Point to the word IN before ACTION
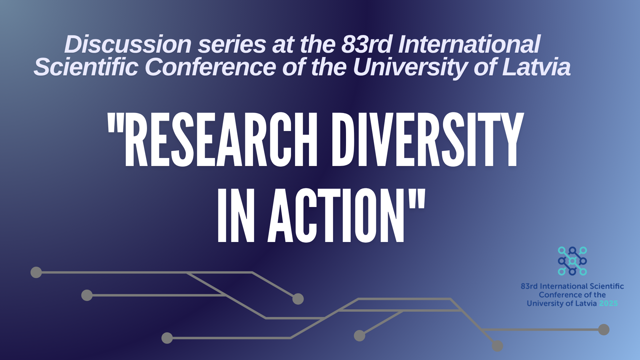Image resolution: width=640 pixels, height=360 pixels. tap(236, 215)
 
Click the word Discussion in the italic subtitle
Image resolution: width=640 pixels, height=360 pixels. tap(128, 44)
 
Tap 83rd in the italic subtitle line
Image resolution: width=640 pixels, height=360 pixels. tap(367, 44)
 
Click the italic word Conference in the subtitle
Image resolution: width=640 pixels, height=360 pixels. tap(210, 67)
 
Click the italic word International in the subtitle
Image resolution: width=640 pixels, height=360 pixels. tap(469, 44)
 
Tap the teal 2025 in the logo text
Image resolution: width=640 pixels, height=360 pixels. tap(609, 303)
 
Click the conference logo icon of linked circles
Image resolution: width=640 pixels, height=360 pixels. tap(572, 261)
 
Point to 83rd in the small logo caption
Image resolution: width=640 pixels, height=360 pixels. tap(529, 286)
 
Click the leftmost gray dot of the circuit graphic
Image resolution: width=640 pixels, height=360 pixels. tap(36, 272)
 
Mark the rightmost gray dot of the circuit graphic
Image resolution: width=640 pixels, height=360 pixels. tap(604, 330)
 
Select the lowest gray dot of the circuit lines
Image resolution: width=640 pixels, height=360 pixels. tap(497, 346)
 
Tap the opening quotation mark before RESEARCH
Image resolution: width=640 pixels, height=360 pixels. tap(115, 123)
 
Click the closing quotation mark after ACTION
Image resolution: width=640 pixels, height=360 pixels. tap(417, 199)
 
